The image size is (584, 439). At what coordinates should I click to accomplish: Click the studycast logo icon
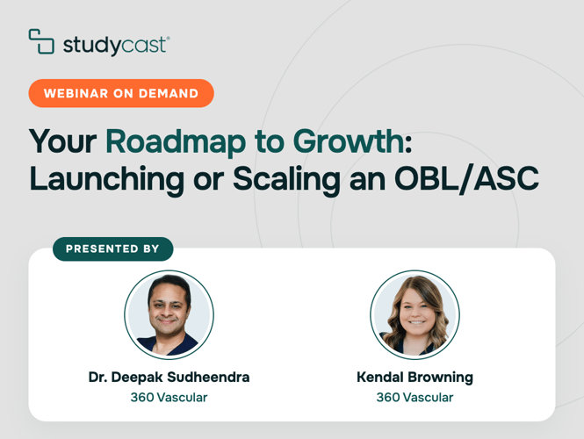tap(41, 41)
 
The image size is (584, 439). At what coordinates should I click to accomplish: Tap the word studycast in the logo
tap(116, 46)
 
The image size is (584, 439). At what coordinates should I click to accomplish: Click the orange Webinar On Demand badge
tap(121, 93)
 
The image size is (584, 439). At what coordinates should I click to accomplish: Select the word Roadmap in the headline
tap(176, 141)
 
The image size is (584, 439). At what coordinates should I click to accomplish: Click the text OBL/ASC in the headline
tap(466, 179)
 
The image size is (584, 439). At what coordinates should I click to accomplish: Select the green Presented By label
tap(113, 248)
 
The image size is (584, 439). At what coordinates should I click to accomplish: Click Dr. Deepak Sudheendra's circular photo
tap(169, 314)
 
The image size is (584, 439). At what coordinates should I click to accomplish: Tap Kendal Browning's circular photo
tap(415, 314)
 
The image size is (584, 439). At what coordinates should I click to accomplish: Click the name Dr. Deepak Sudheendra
tap(169, 378)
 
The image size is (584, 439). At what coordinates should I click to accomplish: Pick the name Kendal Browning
tap(415, 378)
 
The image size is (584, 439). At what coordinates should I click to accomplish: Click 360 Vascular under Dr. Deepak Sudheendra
tap(169, 398)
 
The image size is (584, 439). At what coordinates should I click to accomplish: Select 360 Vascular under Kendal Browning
tap(415, 398)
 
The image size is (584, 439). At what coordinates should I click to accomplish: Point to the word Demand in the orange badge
tap(169, 93)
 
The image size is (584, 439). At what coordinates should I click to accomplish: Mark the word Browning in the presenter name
tap(441, 378)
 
